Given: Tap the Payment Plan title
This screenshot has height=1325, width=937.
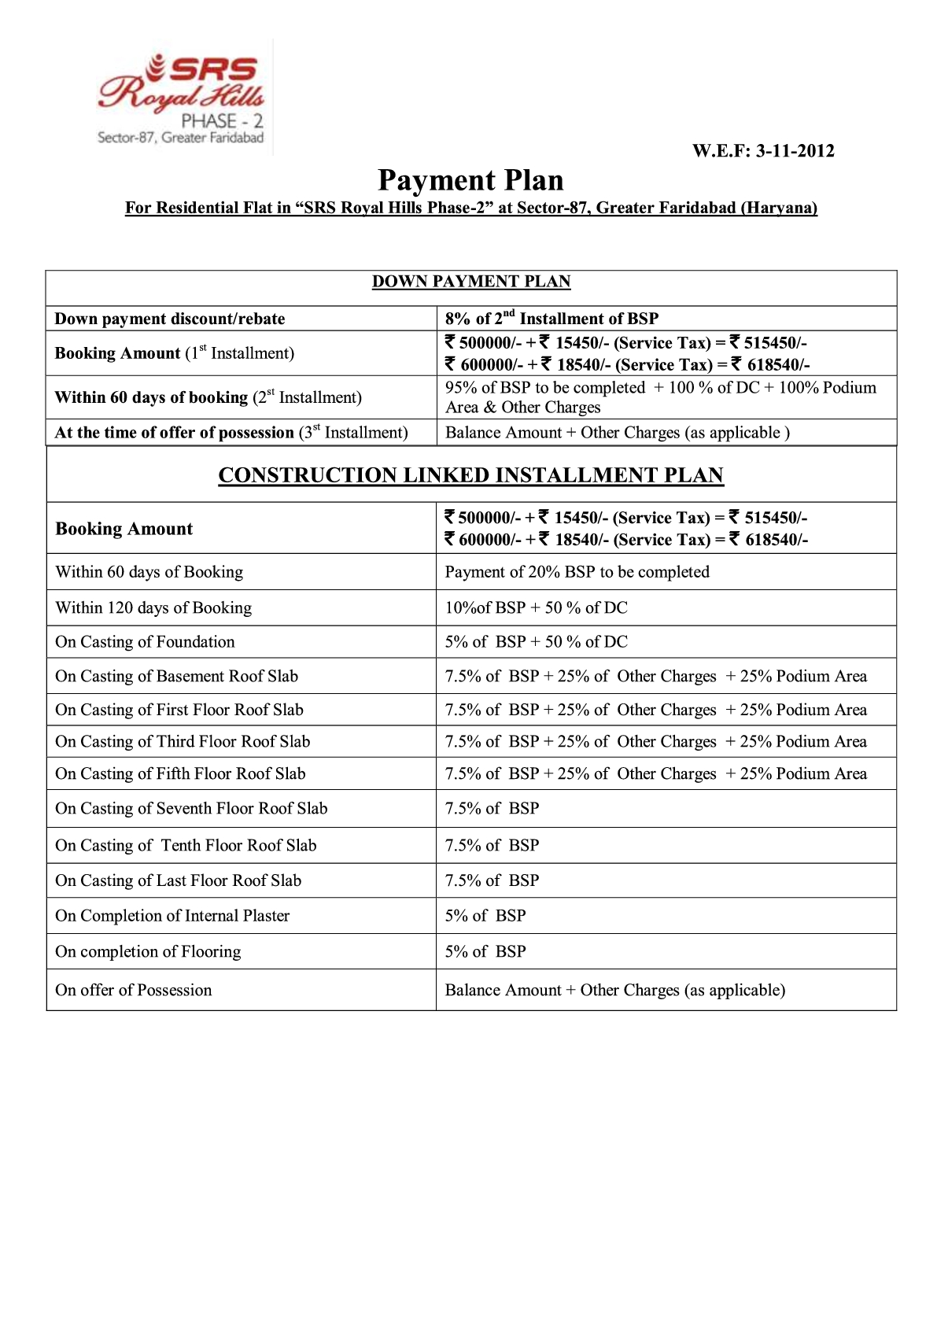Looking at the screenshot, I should [x=470, y=180].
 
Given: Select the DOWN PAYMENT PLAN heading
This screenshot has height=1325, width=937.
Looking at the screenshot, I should [x=470, y=282].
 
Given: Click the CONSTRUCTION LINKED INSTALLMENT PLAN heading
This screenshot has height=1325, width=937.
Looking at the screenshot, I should [x=470, y=475].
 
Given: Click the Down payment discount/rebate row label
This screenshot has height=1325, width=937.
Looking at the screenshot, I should [x=170, y=319].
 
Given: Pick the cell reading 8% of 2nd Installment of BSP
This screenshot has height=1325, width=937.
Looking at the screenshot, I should [x=552, y=318].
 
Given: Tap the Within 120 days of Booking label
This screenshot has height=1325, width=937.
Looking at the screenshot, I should [x=153, y=607].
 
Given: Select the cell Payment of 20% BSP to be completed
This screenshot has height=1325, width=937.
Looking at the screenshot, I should [x=577, y=572].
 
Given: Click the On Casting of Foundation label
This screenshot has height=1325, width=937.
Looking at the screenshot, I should [x=145, y=642].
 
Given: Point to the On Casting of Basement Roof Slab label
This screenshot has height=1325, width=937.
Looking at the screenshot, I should [x=176, y=676].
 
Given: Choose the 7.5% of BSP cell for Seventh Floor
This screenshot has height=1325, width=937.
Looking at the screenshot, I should [x=492, y=808].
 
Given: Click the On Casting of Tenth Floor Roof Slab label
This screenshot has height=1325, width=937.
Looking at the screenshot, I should [x=186, y=845].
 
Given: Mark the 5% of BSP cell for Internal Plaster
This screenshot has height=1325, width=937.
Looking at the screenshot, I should [x=485, y=916].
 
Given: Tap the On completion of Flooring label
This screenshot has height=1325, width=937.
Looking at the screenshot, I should [x=148, y=951].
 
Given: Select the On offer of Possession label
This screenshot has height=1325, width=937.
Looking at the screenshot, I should [x=134, y=990].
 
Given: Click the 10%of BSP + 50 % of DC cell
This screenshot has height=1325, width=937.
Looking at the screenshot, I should [x=536, y=607].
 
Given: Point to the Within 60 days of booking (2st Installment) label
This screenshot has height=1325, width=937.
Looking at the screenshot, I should [x=208, y=397].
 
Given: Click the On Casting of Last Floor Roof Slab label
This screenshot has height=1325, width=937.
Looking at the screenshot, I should [x=178, y=880].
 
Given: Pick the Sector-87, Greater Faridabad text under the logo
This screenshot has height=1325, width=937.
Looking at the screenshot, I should [x=180, y=138].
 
